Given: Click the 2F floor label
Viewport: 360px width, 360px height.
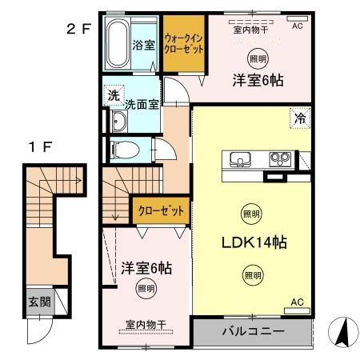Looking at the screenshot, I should click(78, 30).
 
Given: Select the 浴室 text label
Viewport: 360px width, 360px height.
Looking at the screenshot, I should click(144, 45).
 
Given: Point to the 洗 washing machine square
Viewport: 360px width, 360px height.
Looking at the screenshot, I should click(115, 94).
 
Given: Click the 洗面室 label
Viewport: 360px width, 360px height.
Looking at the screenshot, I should click(143, 103).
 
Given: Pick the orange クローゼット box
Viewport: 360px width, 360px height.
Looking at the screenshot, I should click(161, 211).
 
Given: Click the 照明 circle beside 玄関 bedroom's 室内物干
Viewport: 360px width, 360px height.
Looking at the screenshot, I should click(145, 288).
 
